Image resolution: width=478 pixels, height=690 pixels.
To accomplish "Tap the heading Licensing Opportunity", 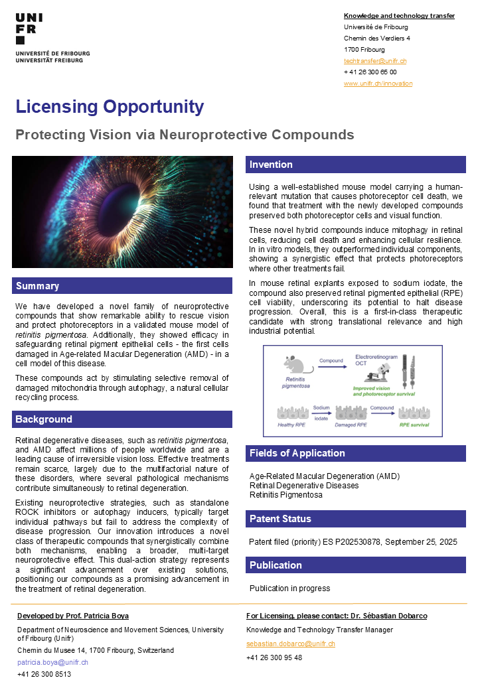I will pyautogui.click(x=110, y=107).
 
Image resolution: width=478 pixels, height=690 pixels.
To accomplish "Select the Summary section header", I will pyautogui.click(x=37, y=286).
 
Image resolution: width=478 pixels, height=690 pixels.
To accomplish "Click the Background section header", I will pyautogui.click(x=44, y=419).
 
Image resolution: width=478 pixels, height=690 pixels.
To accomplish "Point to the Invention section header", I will pyautogui.click(x=271, y=165).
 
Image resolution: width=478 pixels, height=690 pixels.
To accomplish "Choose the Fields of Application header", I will pyautogui.click(x=297, y=453).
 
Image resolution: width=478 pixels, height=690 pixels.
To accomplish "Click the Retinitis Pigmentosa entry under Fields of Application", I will pyautogui.click(x=285, y=494).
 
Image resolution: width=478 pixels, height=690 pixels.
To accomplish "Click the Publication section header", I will pyautogui.click(x=276, y=565).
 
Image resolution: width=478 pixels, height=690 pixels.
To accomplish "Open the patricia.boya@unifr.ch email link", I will pyautogui.click(x=52, y=662).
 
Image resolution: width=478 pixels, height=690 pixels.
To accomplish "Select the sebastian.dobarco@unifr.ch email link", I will pyautogui.click(x=290, y=644).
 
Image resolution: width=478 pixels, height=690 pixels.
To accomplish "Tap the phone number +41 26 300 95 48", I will pyautogui.click(x=274, y=657).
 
